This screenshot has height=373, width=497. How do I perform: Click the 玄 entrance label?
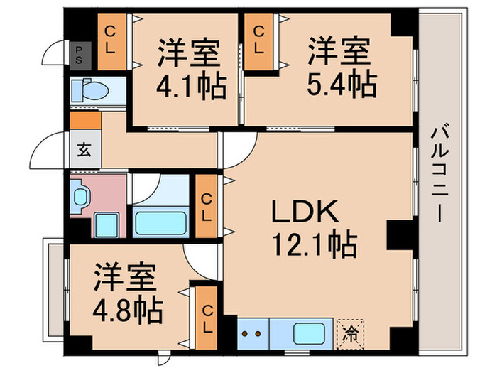click(84, 150)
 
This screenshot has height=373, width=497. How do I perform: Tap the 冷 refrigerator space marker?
click(349, 330)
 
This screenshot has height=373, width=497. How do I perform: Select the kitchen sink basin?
click(310, 331)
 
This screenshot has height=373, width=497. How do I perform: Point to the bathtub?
click(161, 222)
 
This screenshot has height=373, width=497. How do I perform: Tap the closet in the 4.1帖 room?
click(111, 42)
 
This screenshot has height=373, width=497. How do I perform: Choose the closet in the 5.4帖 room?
click(260, 42)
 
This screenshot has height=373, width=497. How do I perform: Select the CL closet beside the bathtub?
click(207, 205)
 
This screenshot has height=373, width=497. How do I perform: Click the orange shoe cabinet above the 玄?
click(85, 121)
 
